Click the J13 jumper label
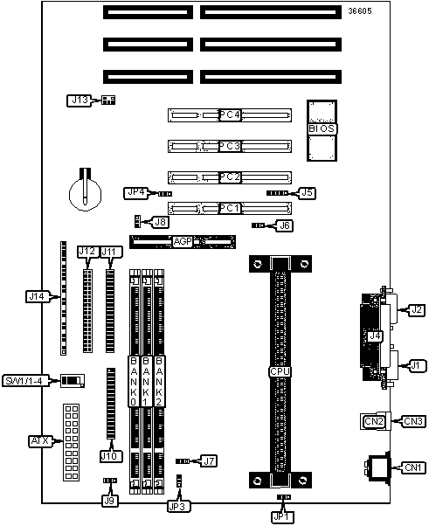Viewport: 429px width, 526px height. [80, 100]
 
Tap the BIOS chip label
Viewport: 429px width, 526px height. [322, 128]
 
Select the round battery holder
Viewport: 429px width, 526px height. [86, 192]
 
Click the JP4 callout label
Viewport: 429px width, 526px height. [136, 192]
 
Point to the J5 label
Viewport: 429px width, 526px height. [307, 192]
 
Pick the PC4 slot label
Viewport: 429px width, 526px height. [230, 115]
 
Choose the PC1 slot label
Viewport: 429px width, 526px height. [230, 208]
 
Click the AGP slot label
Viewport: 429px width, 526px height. [183, 241]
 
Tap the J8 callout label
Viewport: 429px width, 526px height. [161, 222]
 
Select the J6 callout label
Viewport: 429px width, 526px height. [285, 225]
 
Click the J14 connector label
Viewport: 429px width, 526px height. [38, 296]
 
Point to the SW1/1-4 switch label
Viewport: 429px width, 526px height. [26, 381]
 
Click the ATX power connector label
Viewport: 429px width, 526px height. [40, 440]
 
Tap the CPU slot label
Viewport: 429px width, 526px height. [280, 371]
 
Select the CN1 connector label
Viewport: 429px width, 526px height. [413, 467]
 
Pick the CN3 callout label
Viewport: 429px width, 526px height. [413, 421]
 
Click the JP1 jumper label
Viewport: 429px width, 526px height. [282, 516]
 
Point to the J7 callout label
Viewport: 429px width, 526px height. [209, 461]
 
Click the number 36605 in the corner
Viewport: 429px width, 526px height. [360, 11]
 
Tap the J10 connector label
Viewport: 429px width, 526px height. [111, 456]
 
